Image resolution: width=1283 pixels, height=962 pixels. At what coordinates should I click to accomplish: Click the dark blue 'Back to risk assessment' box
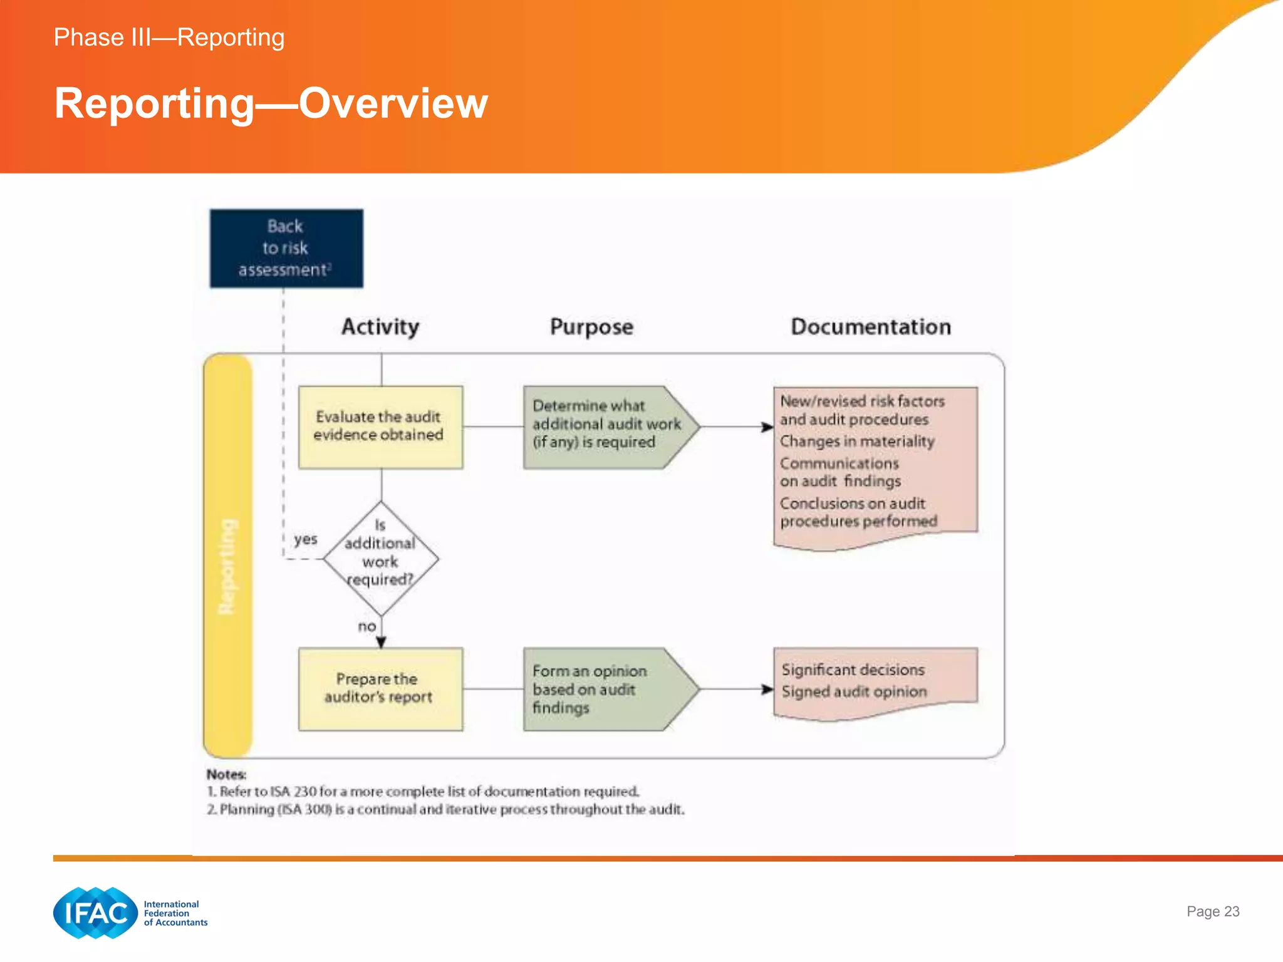286,248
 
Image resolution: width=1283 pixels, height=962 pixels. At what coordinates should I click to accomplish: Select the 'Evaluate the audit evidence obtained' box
380,427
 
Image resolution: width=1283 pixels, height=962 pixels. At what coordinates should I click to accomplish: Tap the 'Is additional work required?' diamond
380,557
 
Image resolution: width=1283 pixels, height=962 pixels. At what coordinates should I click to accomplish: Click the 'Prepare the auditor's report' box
380,688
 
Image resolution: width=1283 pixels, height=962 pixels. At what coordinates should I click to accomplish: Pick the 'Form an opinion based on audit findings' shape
605,688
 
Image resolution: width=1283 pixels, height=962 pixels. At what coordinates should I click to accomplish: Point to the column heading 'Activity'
380,327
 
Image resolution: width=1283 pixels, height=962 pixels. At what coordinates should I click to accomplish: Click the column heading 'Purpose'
591,327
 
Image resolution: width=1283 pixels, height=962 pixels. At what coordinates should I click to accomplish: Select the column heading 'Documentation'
870,327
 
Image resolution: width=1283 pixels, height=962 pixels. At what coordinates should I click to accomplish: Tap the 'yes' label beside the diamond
306,539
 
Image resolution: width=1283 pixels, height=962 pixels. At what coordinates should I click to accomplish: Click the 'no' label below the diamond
367,626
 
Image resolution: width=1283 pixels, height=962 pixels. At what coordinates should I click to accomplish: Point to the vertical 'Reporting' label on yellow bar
227,566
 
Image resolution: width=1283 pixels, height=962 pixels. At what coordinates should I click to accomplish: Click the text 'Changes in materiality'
856,442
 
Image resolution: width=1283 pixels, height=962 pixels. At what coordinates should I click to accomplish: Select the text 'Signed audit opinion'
853,691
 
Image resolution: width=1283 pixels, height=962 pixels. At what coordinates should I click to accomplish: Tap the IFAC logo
96,913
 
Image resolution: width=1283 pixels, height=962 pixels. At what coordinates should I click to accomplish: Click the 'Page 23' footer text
1212,911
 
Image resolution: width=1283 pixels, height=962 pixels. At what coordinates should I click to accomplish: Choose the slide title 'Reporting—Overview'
271,103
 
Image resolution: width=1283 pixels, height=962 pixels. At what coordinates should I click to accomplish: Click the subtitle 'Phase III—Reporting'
169,38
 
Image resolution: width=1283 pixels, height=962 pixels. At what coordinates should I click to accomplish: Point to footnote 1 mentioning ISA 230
423,792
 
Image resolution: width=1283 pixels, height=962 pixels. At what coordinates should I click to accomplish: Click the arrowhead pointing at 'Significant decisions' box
767,689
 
